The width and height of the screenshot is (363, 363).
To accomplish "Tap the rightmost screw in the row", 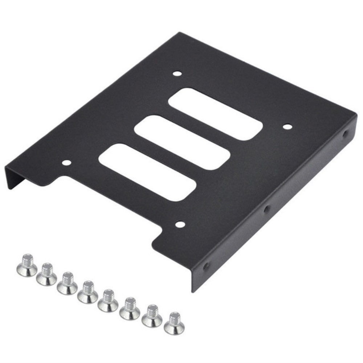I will pos(174,323).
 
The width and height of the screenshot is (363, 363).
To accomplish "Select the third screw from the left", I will pos(67,283).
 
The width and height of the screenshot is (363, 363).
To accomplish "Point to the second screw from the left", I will pos(47,274).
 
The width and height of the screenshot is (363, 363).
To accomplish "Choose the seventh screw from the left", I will pos(152,315).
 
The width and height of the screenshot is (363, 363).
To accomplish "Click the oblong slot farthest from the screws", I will pos(215,114).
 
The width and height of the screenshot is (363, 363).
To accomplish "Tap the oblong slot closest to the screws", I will pos(147,172).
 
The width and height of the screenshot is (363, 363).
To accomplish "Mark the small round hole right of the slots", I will pos(287,127).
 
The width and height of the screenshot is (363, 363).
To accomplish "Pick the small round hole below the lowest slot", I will pos(179,224).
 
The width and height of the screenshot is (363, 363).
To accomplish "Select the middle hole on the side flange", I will pos(267,209).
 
